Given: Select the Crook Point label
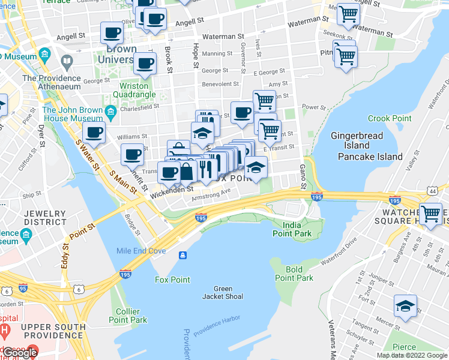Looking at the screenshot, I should click(x=387, y=119).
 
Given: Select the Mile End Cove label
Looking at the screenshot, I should click(x=141, y=250).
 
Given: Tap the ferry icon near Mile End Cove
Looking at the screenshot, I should click(x=182, y=256).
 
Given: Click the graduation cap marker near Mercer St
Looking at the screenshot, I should click(x=405, y=306).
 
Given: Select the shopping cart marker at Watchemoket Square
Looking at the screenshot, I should click(x=430, y=213).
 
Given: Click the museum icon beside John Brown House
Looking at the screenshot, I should click(x=110, y=112).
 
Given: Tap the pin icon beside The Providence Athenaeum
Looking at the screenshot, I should click(x=67, y=61).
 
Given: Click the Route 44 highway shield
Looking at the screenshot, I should click(x=433, y=190).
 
